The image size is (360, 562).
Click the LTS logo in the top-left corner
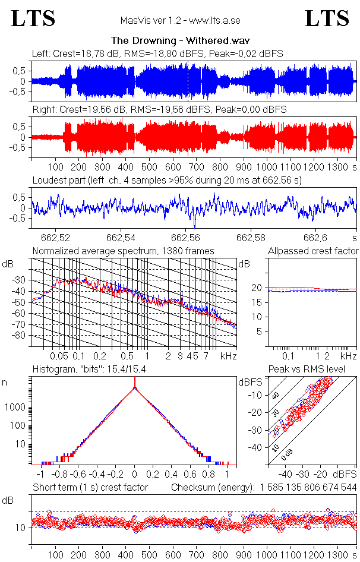33,18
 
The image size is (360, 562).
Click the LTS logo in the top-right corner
327,18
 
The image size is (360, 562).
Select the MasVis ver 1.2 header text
180,21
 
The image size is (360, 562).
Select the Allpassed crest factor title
313,251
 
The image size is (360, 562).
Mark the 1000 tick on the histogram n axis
17,408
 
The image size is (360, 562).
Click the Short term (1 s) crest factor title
90,487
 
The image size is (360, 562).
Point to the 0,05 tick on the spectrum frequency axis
59,356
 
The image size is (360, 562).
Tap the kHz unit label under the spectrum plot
229,356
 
